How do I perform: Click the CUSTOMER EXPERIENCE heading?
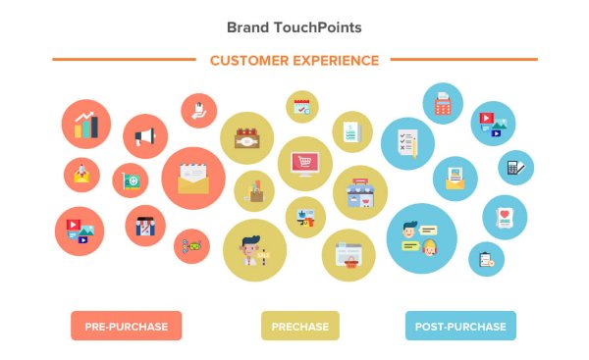point(294,61)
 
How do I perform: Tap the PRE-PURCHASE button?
point(126,326)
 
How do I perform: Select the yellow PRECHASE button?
point(300,326)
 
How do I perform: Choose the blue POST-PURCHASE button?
point(460,326)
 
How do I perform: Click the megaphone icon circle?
point(145,136)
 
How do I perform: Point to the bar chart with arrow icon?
point(85,123)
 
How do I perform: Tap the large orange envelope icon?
point(193,179)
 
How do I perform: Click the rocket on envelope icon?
point(81,175)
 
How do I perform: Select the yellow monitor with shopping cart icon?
point(305,164)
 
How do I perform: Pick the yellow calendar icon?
point(300,106)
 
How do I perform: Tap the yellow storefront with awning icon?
point(360,193)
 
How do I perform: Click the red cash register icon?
point(443,103)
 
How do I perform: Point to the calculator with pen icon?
point(514,168)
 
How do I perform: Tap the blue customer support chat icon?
point(421,239)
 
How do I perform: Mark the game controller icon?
point(191,245)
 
